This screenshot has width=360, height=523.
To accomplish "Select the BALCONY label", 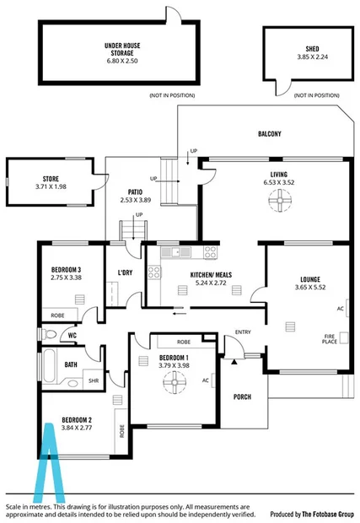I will click(269, 134).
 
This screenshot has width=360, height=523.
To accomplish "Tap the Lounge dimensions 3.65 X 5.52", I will click(309, 288).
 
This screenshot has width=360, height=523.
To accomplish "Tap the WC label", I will click(73, 335).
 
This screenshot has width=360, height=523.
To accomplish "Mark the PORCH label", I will click(242, 398).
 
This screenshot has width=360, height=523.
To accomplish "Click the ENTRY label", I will click(243, 332).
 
